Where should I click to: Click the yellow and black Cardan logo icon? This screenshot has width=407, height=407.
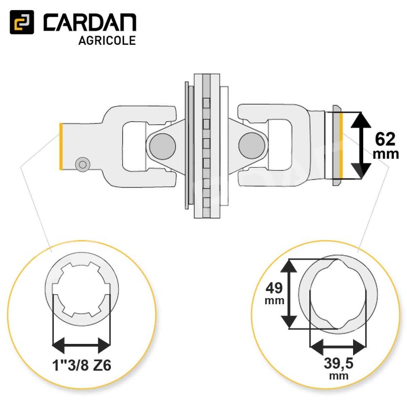click(x=22, y=22)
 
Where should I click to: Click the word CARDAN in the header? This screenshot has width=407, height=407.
click(x=90, y=22)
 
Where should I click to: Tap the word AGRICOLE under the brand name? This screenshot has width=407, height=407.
click(x=107, y=41)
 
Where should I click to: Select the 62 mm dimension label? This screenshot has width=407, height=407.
click(x=386, y=146)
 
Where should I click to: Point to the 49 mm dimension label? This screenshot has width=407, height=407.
click(x=274, y=293)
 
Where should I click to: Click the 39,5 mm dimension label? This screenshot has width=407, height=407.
click(x=338, y=368)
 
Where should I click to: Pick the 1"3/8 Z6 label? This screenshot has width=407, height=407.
click(x=82, y=365)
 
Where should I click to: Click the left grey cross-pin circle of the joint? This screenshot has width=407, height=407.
click(x=162, y=146)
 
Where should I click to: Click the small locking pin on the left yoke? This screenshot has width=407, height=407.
click(x=83, y=164)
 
